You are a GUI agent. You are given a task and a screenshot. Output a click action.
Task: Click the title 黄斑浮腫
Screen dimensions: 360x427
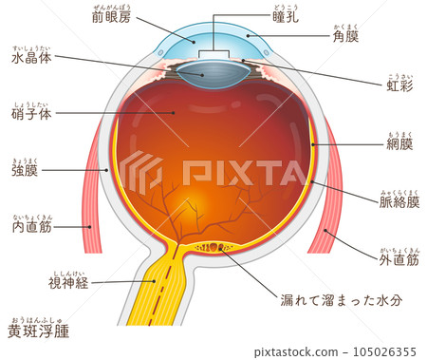(39, 332)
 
